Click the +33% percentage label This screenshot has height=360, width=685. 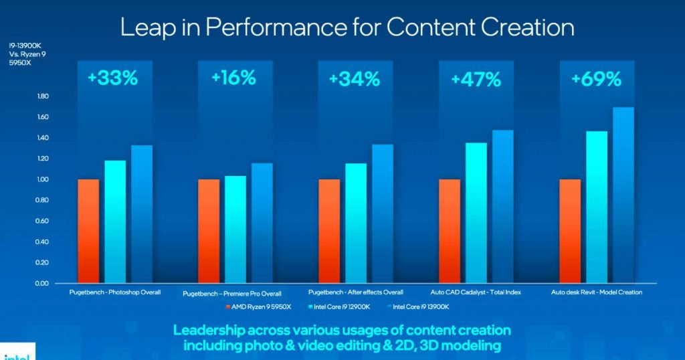(x=112, y=78)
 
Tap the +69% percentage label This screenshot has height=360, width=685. (x=596, y=79)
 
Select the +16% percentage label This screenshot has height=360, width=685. (x=233, y=78)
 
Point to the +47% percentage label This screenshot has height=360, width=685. (x=476, y=80)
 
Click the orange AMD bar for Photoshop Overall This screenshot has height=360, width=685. (x=88, y=231)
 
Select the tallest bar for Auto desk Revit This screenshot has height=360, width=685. (x=623, y=195)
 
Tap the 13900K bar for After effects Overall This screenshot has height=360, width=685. (x=383, y=213)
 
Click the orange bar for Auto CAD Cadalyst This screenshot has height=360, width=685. (x=450, y=231)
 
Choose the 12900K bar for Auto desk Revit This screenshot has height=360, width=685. (x=597, y=207)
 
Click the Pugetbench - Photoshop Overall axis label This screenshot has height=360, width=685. (x=114, y=292)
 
